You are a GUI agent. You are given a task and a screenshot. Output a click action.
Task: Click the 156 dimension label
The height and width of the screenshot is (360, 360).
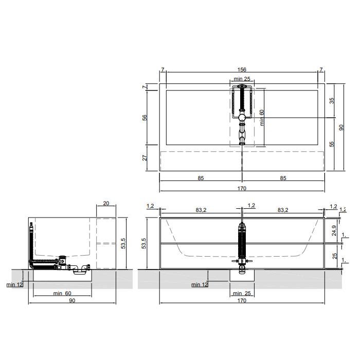(x=242, y=69)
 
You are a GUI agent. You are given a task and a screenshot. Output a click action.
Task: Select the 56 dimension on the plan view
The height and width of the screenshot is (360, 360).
(x=145, y=118)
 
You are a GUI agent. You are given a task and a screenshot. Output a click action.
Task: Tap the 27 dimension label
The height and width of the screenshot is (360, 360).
(x=145, y=158)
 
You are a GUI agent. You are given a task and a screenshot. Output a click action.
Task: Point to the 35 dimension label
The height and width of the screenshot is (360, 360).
(x=332, y=101)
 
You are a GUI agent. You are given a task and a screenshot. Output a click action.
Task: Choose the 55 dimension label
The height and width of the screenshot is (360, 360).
(x=332, y=144)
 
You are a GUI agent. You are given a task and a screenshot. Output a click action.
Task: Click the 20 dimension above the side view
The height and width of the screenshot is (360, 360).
(x=106, y=203)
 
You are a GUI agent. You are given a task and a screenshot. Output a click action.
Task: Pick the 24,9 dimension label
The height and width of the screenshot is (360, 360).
(x=334, y=230)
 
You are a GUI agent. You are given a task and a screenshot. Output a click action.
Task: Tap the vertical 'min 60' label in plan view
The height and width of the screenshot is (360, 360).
(x=262, y=118)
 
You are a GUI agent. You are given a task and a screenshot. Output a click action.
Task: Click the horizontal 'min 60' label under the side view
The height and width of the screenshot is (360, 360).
(x=62, y=293)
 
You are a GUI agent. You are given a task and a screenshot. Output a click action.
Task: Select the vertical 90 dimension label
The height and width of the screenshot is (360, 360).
(x=341, y=128)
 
